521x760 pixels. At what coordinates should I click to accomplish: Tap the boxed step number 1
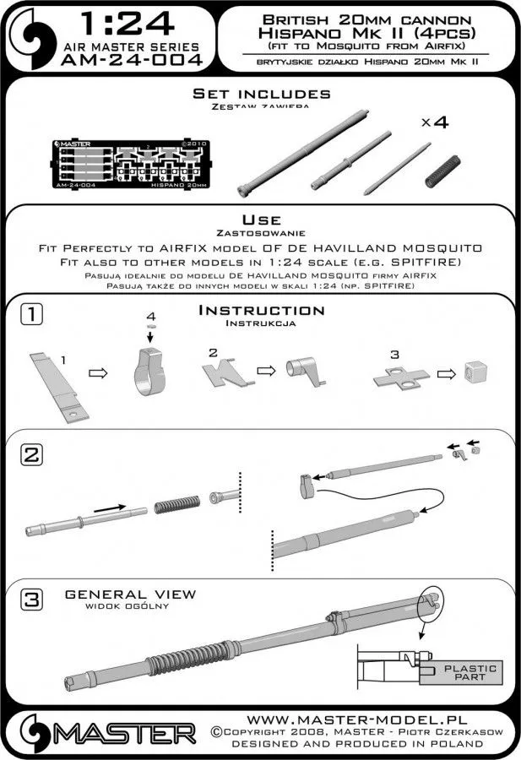click(30, 314)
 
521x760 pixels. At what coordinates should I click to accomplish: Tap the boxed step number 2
click(30, 455)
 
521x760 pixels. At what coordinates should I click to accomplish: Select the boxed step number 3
click(30, 601)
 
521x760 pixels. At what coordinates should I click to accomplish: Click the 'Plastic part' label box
click(476, 672)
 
